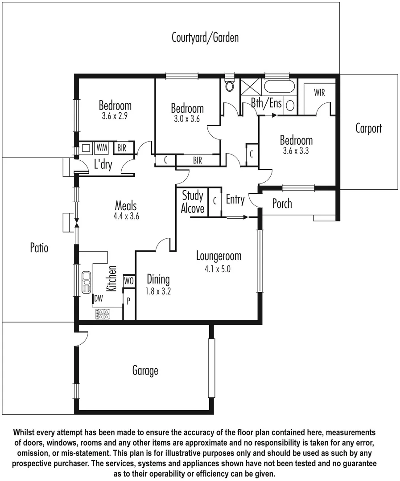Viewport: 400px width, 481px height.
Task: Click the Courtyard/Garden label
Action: coord(205,37)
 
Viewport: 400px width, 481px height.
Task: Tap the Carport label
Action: coord(368,129)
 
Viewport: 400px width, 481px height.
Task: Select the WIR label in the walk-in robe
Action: coord(319,93)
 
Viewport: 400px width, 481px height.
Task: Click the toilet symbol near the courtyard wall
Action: coord(230,86)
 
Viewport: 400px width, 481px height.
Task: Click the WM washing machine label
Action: coord(102,147)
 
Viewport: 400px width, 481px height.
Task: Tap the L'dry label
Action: coord(103,165)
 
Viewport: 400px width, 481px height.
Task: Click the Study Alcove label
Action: coord(193,202)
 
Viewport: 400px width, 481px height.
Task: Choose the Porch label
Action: coord(282,204)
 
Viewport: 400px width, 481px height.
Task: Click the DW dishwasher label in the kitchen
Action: coord(98,298)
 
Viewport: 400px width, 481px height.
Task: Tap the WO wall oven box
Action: coord(129,281)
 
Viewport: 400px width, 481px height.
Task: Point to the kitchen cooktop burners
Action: coord(103,314)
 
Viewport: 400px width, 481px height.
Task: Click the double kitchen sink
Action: coord(86,283)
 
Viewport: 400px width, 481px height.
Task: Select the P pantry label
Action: coord(128,301)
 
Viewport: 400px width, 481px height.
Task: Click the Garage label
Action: coord(145,371)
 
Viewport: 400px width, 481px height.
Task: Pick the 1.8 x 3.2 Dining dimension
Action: coord(158,292)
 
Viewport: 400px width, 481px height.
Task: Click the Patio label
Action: coord(39,248)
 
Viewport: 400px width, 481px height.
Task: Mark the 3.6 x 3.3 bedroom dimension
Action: coord(296,151)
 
